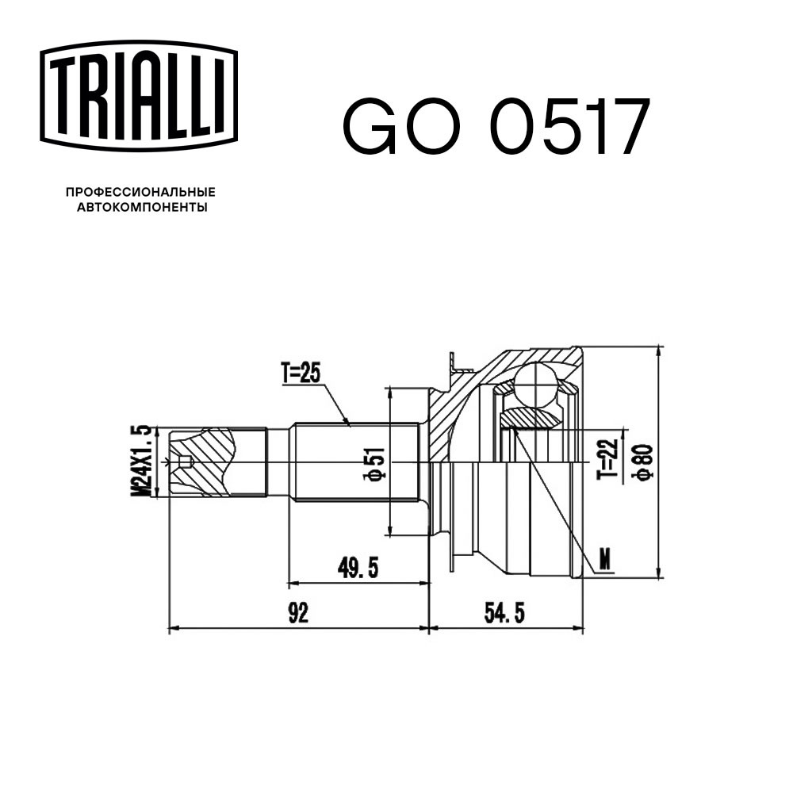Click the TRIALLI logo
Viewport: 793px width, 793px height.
[139, 96]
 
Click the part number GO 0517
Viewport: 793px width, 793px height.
[496, 126]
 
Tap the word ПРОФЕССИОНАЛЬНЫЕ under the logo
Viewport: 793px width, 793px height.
[140, 192]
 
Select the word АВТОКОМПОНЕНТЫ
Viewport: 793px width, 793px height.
[142, 207]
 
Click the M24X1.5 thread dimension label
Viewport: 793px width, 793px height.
[141, 460]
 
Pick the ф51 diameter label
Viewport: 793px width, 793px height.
[377, 463]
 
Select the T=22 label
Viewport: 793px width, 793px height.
[607, 459]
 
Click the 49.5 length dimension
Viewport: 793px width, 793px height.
[358, 569]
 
